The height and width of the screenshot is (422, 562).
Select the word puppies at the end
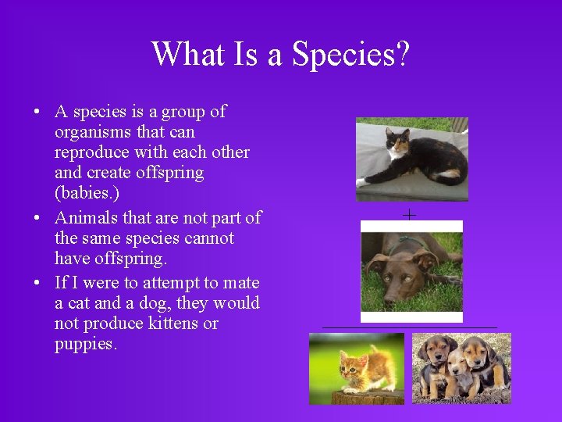point(85,344)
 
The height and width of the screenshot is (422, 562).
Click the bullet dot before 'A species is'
point(37,113)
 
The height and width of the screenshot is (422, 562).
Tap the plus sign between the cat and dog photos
point(410,214)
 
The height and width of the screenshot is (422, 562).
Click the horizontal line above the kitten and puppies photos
point(410,327)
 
